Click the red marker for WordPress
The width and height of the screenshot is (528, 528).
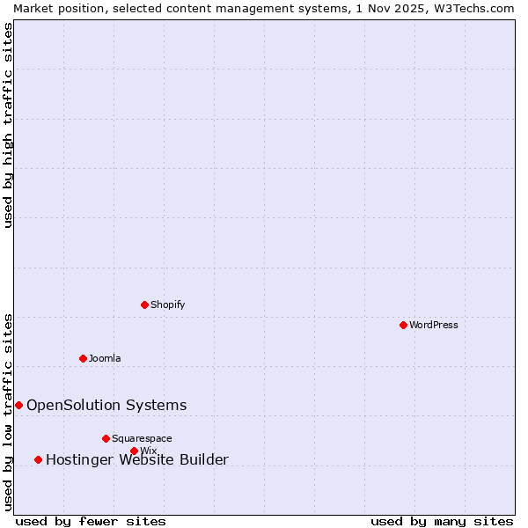click(403, 325)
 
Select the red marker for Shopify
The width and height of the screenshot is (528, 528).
click(144, 304)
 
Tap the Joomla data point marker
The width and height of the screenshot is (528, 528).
click(83, 358)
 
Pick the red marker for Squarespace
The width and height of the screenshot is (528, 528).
click(106, 438)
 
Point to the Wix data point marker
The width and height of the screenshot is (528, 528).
click(134, 451)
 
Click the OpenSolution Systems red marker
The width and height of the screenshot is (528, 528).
click(18, 405)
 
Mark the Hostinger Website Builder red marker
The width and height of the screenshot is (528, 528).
click(38, 459)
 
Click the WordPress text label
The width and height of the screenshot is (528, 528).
click(434, 325)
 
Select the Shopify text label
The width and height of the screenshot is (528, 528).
click(168, 304)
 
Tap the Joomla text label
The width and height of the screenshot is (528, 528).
click(105, 358)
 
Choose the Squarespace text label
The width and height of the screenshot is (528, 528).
click(142, 438)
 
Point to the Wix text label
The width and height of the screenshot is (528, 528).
click(149, 451)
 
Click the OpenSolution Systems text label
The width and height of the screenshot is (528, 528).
click(106, 405)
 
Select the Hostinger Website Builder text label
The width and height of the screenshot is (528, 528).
click(137, 459)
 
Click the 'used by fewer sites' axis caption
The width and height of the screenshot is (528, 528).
click(91, 521)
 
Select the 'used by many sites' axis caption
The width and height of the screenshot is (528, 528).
click(442, 521)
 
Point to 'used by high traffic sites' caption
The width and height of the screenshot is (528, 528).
click(8, 126)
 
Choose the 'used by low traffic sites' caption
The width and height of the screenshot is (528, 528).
click(8, 411)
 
